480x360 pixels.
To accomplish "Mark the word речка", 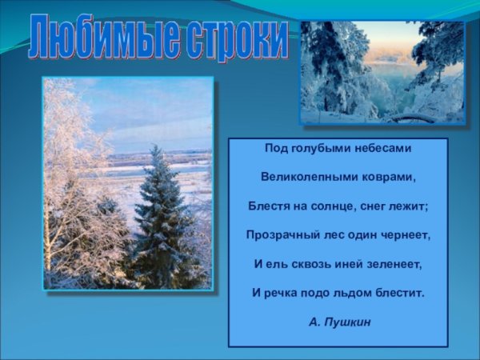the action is tap(279, 293).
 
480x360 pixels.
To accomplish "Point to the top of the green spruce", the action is tap(157, 146).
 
